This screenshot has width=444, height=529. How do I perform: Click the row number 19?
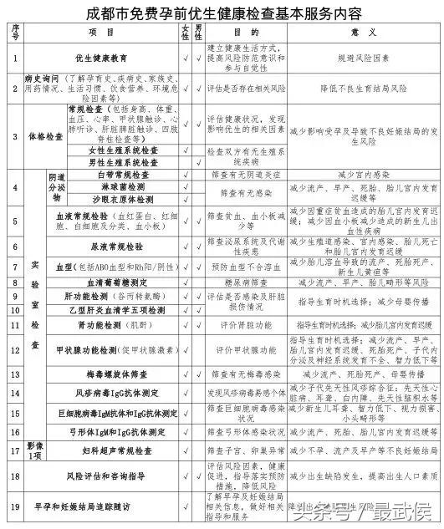(x=15, y=506)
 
